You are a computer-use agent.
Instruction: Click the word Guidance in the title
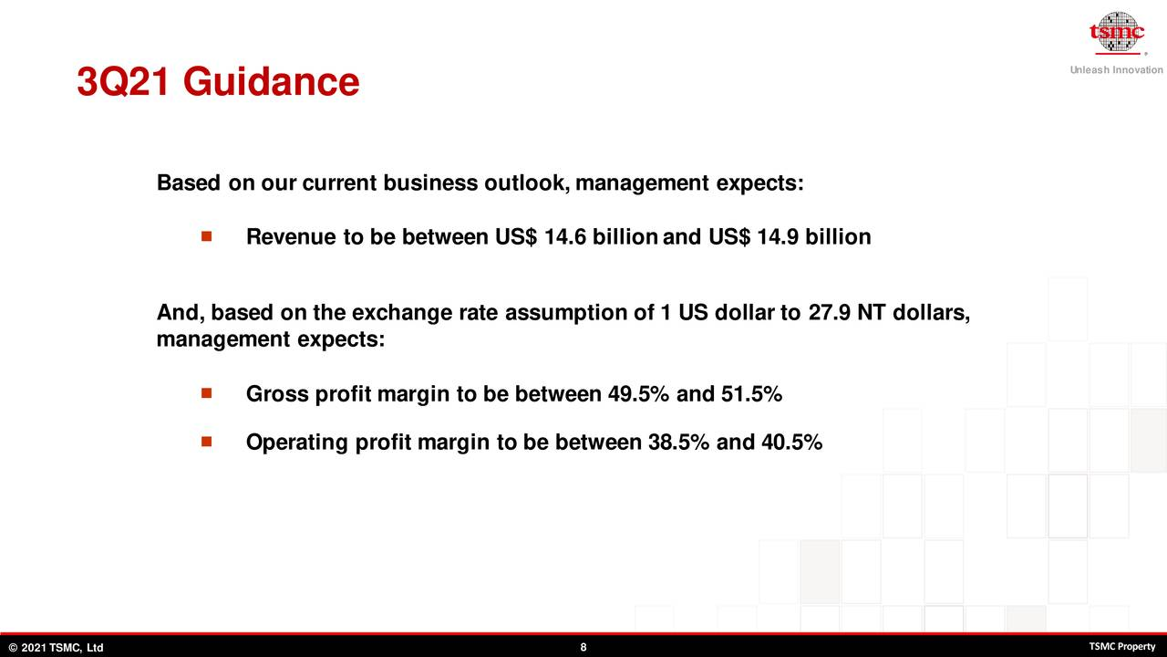(271, 82)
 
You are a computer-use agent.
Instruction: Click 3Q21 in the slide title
(123, 82)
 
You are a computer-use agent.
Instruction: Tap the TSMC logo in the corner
(1117, 33)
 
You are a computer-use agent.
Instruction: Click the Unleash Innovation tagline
(1117, 70)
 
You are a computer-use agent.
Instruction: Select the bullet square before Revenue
(206, 236)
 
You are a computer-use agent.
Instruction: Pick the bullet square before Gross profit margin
(206, 393)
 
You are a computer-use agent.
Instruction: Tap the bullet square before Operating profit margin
(206, 442)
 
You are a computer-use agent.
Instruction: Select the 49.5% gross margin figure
(638, 393)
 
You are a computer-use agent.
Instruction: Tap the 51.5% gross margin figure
(751, 393)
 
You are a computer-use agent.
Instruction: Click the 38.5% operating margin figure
(678, 443)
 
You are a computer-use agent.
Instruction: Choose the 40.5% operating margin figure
(791, 443)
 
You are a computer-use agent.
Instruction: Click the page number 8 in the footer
(583, 647)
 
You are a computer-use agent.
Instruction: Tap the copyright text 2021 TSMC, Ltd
(63, 648)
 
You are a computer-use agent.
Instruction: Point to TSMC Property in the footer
(1122, 647)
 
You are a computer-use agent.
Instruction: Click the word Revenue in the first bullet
(291, 236)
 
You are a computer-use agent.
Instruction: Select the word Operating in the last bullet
(297, 443)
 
